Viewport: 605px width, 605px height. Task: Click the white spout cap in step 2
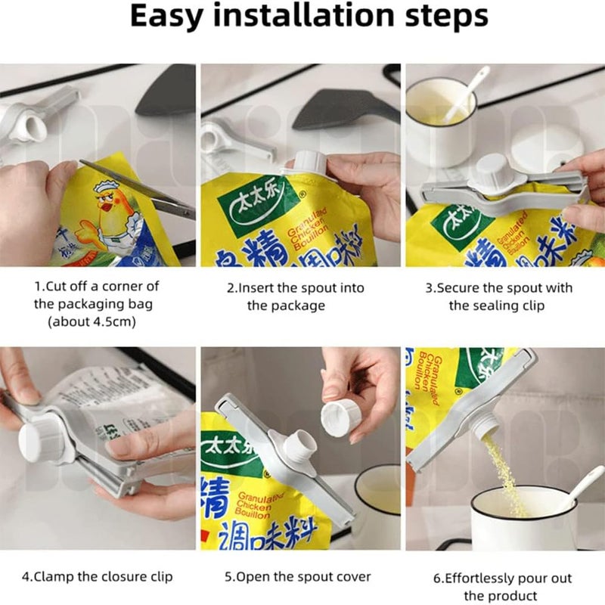(308, 165)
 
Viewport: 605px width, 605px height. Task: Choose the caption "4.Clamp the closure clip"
(97, 577)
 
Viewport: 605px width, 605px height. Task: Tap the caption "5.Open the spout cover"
(298, 577)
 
